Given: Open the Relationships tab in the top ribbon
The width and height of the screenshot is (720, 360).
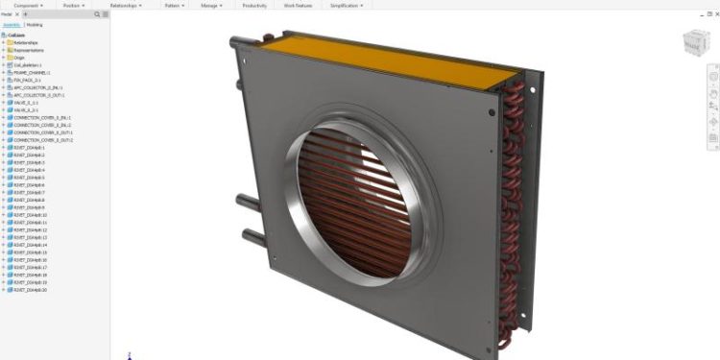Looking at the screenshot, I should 127,5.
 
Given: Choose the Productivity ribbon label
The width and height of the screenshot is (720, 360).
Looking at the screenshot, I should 254,5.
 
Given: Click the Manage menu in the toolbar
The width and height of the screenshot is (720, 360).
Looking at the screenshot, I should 211,5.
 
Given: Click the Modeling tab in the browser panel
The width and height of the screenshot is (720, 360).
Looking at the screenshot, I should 34,25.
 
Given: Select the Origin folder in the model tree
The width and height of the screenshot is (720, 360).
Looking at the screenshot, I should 19,58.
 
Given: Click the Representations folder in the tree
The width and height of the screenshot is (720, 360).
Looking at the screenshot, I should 28,50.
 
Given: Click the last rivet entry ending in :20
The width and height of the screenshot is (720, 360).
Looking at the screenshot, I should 34,290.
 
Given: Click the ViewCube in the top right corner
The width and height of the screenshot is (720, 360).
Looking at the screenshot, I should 691,43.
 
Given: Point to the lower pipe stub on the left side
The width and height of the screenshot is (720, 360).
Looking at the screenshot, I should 247,234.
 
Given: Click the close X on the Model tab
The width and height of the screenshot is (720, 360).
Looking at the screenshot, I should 16,15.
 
